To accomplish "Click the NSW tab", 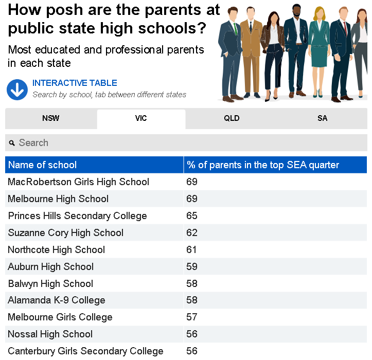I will pos(50,118).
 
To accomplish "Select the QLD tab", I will pos(232,118).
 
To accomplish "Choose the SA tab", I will pos(322,118).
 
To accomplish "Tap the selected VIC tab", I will pos(141,118).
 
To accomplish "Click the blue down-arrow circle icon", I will pos(17,89).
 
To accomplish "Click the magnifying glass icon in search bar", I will pos(12,143).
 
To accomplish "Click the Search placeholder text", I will pos(33,143).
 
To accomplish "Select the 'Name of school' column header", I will pos(42,165).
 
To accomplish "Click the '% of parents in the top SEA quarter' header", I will pos(263,165).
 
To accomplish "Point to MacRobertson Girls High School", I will pos(78,182).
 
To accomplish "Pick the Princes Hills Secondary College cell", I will pos(77,216).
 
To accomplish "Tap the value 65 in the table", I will pos(192,216).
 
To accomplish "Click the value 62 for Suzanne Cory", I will pos(192,233).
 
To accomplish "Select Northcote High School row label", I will pos(56,250).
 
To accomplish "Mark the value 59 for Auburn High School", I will pos(192,267).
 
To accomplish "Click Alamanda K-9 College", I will pos(56,300).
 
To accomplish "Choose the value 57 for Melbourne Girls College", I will pos(192,317).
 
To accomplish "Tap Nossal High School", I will pos(50,334).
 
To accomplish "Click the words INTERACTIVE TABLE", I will pos(75,83).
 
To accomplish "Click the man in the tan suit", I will pos(251,51).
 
